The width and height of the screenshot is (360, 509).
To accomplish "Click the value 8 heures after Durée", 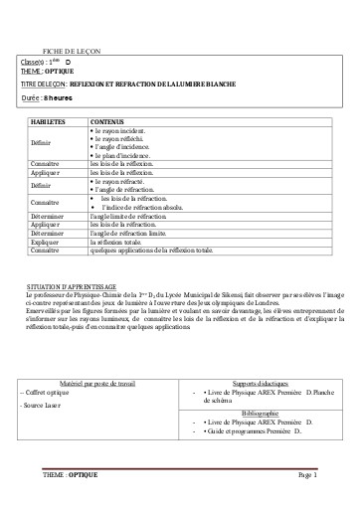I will [x=57, y=99].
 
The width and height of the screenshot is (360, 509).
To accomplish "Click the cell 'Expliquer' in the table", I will [x=46, y=242].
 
